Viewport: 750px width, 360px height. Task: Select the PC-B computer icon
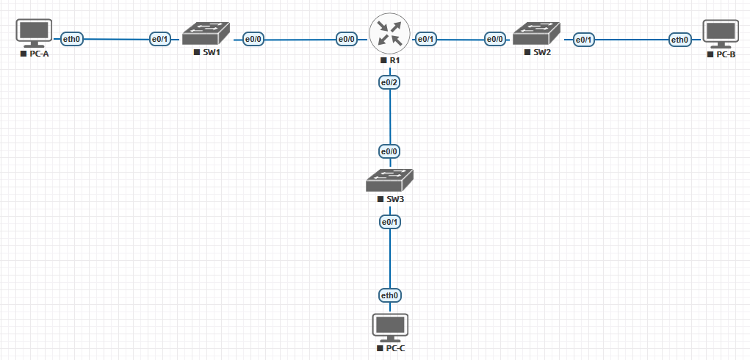tap(720, 33)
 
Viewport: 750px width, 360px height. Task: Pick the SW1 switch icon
tap(206, 35)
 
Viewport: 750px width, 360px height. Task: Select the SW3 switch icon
tap(390, 181)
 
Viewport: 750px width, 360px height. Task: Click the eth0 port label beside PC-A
tap(71, 38)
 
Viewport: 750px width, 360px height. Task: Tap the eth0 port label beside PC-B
tap(679, 38)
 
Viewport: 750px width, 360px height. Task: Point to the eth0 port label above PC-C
tap(389, 295)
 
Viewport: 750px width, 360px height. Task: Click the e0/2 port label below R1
tap(389, 82)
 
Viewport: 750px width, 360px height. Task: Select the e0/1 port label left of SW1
tap(159, 38)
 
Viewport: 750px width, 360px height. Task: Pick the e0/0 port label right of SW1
tap(253, 38)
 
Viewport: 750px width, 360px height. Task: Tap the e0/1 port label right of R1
tap(427, 38)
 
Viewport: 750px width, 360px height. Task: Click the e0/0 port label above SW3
tap(389, 151)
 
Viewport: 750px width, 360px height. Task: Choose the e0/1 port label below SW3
tap(389, 221)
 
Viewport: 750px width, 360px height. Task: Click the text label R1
tap(394, 59)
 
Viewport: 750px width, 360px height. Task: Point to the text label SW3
tap(394, 199)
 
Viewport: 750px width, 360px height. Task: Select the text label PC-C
tap(395, 348)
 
